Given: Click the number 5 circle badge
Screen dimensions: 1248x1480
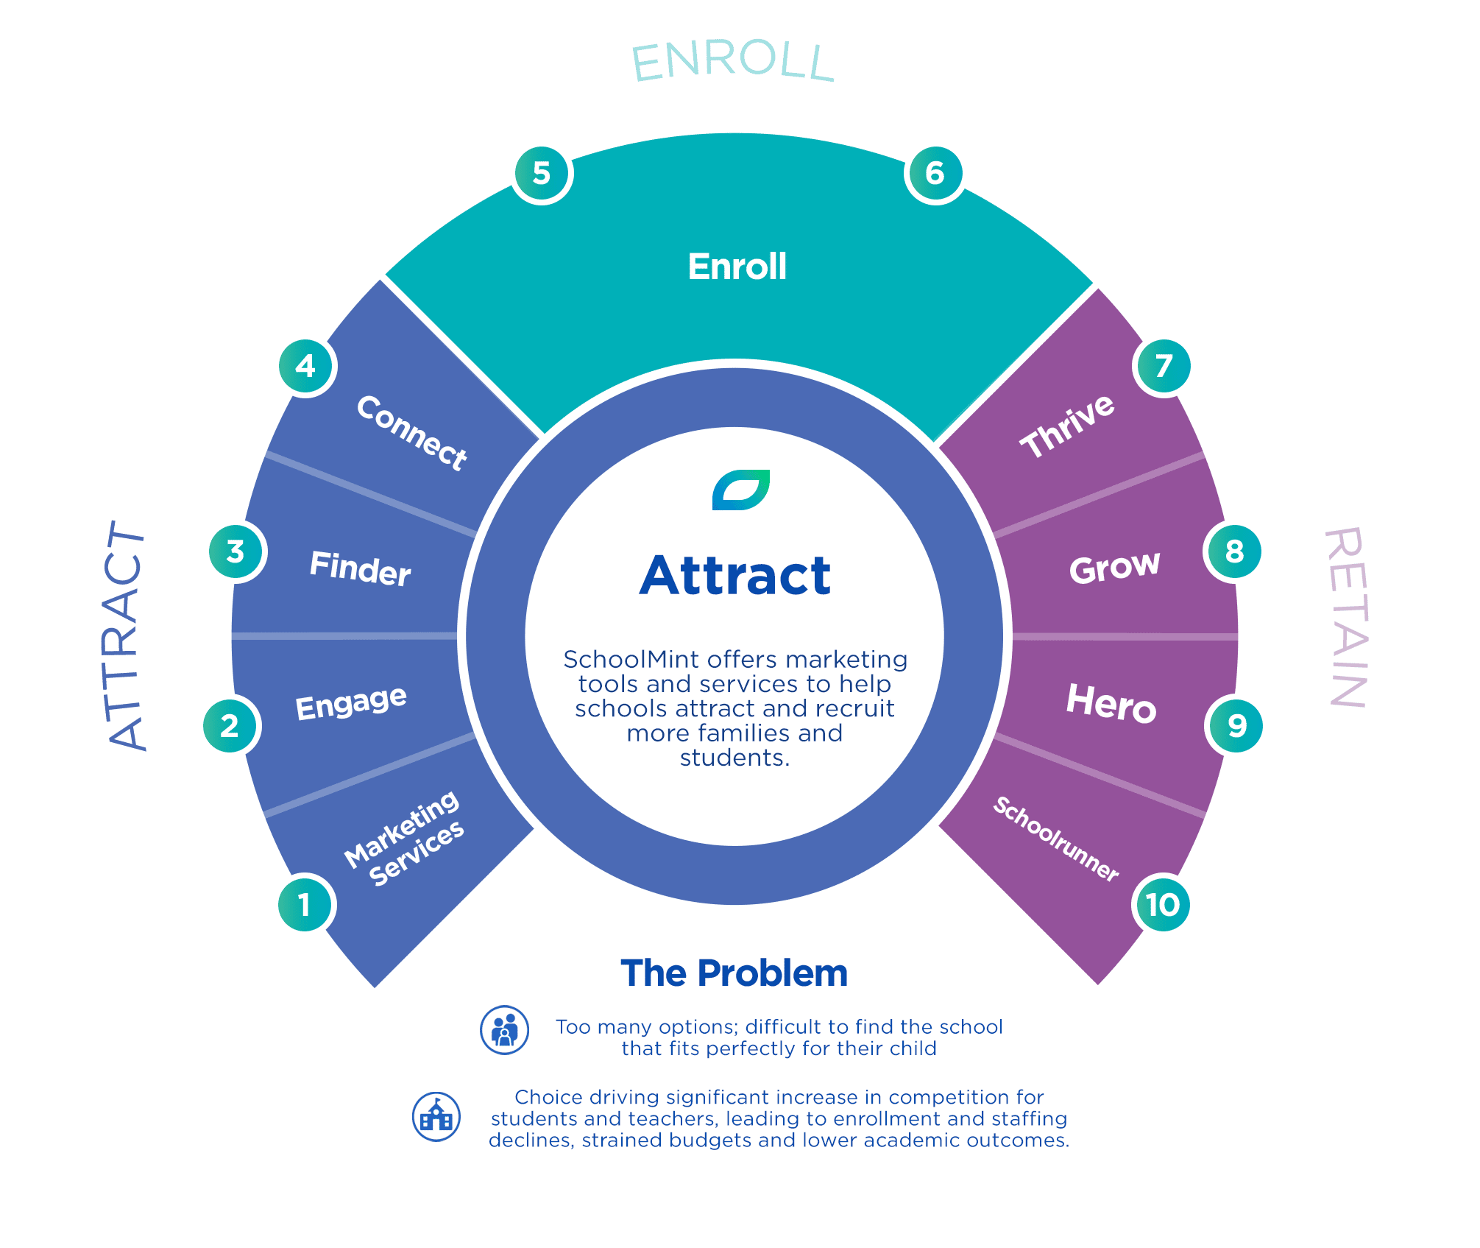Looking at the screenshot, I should click(x=542, y=174).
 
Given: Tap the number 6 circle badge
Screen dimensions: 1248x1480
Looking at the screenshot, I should click(x=935, y=174).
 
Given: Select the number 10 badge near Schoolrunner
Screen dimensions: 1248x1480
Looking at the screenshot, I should click(x=1162, y=904).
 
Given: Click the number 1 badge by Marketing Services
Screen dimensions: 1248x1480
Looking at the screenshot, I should click(x=305, y=904).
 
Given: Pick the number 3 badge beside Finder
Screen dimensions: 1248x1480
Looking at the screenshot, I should click(x=236, y=551).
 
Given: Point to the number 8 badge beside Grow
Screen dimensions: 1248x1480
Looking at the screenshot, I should click(x=1234, y=551).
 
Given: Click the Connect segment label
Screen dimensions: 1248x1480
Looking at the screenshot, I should click(x=411, y=433).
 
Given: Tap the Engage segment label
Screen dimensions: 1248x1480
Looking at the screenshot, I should click(x=351, y=702).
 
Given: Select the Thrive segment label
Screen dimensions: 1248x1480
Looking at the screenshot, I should click(x=1067, y=426).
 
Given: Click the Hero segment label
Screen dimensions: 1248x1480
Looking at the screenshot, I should click(x=1111, y=703).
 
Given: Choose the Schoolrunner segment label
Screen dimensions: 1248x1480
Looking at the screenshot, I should click(x=1056, y=839).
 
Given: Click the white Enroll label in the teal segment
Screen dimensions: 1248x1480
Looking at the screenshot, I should click(x=737, y=267).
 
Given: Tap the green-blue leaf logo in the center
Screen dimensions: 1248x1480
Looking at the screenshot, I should click(x=740, y=490).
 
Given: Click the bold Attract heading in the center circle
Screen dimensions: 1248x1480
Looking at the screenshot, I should click(x=735, y=576).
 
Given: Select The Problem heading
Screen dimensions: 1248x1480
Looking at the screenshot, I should click(x=734, y=973).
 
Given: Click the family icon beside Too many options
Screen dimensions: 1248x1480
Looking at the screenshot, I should click(x=504, y=1030).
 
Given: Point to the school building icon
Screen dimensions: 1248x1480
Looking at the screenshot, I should click(x=436, y=1117).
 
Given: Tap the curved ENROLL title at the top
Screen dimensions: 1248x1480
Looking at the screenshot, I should click(x=733, y=63).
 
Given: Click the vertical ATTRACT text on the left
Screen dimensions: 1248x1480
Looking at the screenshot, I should click(x=127, y=635).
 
